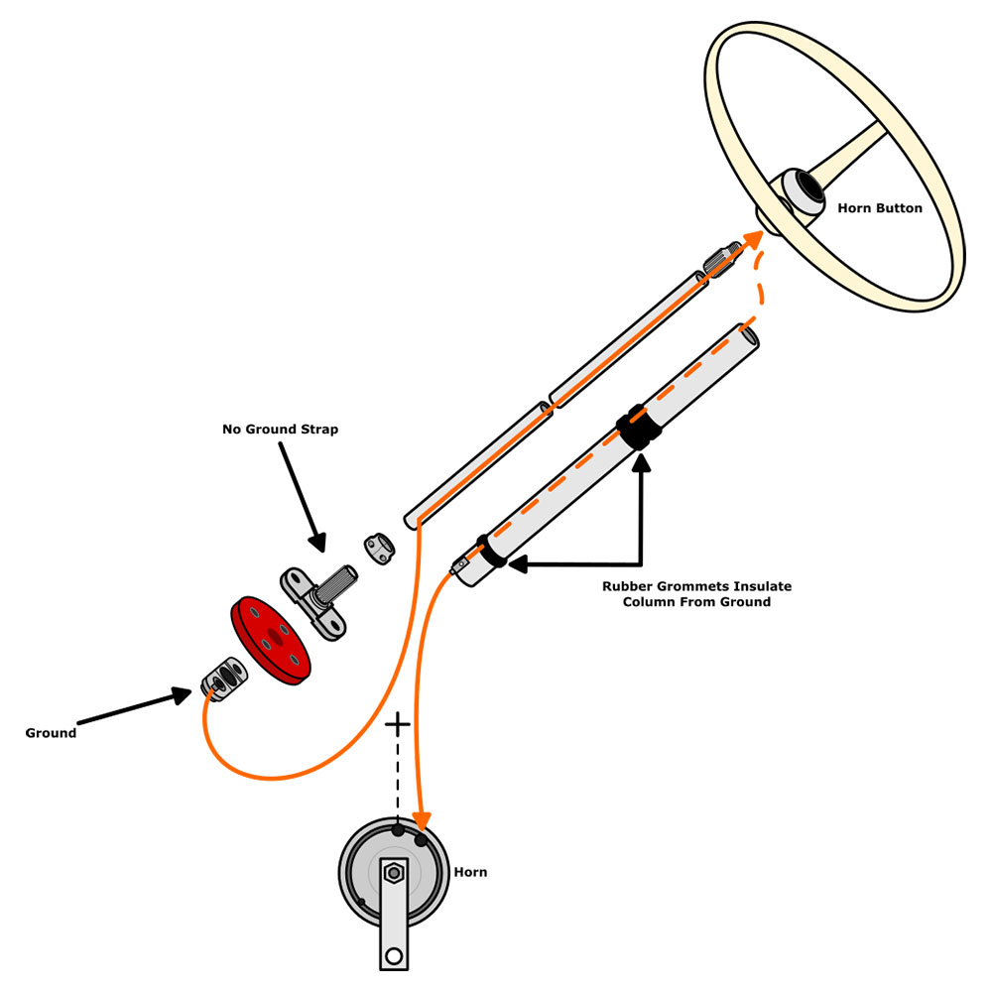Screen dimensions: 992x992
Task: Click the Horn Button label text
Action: click(880, 208)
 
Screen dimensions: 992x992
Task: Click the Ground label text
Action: click(51, 733)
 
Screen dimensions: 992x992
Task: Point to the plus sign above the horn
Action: click(397, 724)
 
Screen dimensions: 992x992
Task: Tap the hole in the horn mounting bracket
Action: click(394, 956)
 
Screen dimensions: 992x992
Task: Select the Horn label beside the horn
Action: click(470, 873)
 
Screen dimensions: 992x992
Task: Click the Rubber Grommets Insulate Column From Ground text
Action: click(696, 594)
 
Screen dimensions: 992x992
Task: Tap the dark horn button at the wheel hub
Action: click(801, 190)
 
